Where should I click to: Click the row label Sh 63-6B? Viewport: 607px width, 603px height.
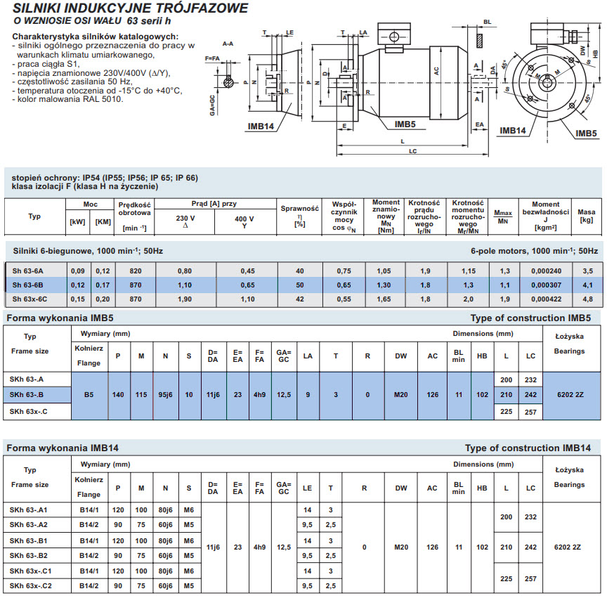(27, 285)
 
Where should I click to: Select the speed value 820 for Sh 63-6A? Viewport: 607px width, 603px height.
(136, 271)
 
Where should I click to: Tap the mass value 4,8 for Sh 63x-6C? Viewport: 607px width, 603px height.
(587, 299)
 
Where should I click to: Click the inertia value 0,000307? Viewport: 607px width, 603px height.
(546, 285)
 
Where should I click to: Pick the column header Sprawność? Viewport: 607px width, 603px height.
(299, 208)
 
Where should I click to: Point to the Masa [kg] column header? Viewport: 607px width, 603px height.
(586, 216)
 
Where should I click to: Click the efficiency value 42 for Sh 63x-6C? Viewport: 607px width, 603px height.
(299, 299)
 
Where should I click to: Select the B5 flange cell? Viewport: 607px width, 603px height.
(89, 395)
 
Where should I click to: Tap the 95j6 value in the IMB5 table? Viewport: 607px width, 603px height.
(165, 395)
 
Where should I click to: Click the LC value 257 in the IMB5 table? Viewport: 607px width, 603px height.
(530, 412)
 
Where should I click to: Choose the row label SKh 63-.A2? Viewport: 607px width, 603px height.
(28, 525)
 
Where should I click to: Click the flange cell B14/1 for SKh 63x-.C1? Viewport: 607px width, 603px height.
(89, 571)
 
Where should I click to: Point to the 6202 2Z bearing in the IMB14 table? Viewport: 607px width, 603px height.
(568, 547)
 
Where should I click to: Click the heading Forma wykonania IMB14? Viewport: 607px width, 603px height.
(63, 448)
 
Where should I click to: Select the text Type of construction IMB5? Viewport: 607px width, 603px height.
(530, 318)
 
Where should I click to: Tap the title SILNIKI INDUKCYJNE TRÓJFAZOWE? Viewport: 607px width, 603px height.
(130, 8)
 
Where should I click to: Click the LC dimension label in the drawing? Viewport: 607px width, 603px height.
(412, 151)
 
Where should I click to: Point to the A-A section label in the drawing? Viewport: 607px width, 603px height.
(228, 44)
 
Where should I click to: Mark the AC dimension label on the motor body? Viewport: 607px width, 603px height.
(436, 71)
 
